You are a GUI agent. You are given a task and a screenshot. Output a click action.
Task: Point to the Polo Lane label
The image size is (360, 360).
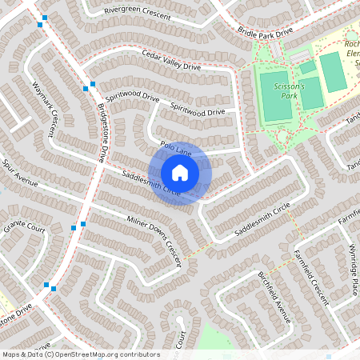coord(175,148)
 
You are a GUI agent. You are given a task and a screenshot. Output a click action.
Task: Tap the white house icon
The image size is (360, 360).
coord(180,172)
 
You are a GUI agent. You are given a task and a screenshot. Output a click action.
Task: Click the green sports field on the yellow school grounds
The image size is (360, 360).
coord(331,70)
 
